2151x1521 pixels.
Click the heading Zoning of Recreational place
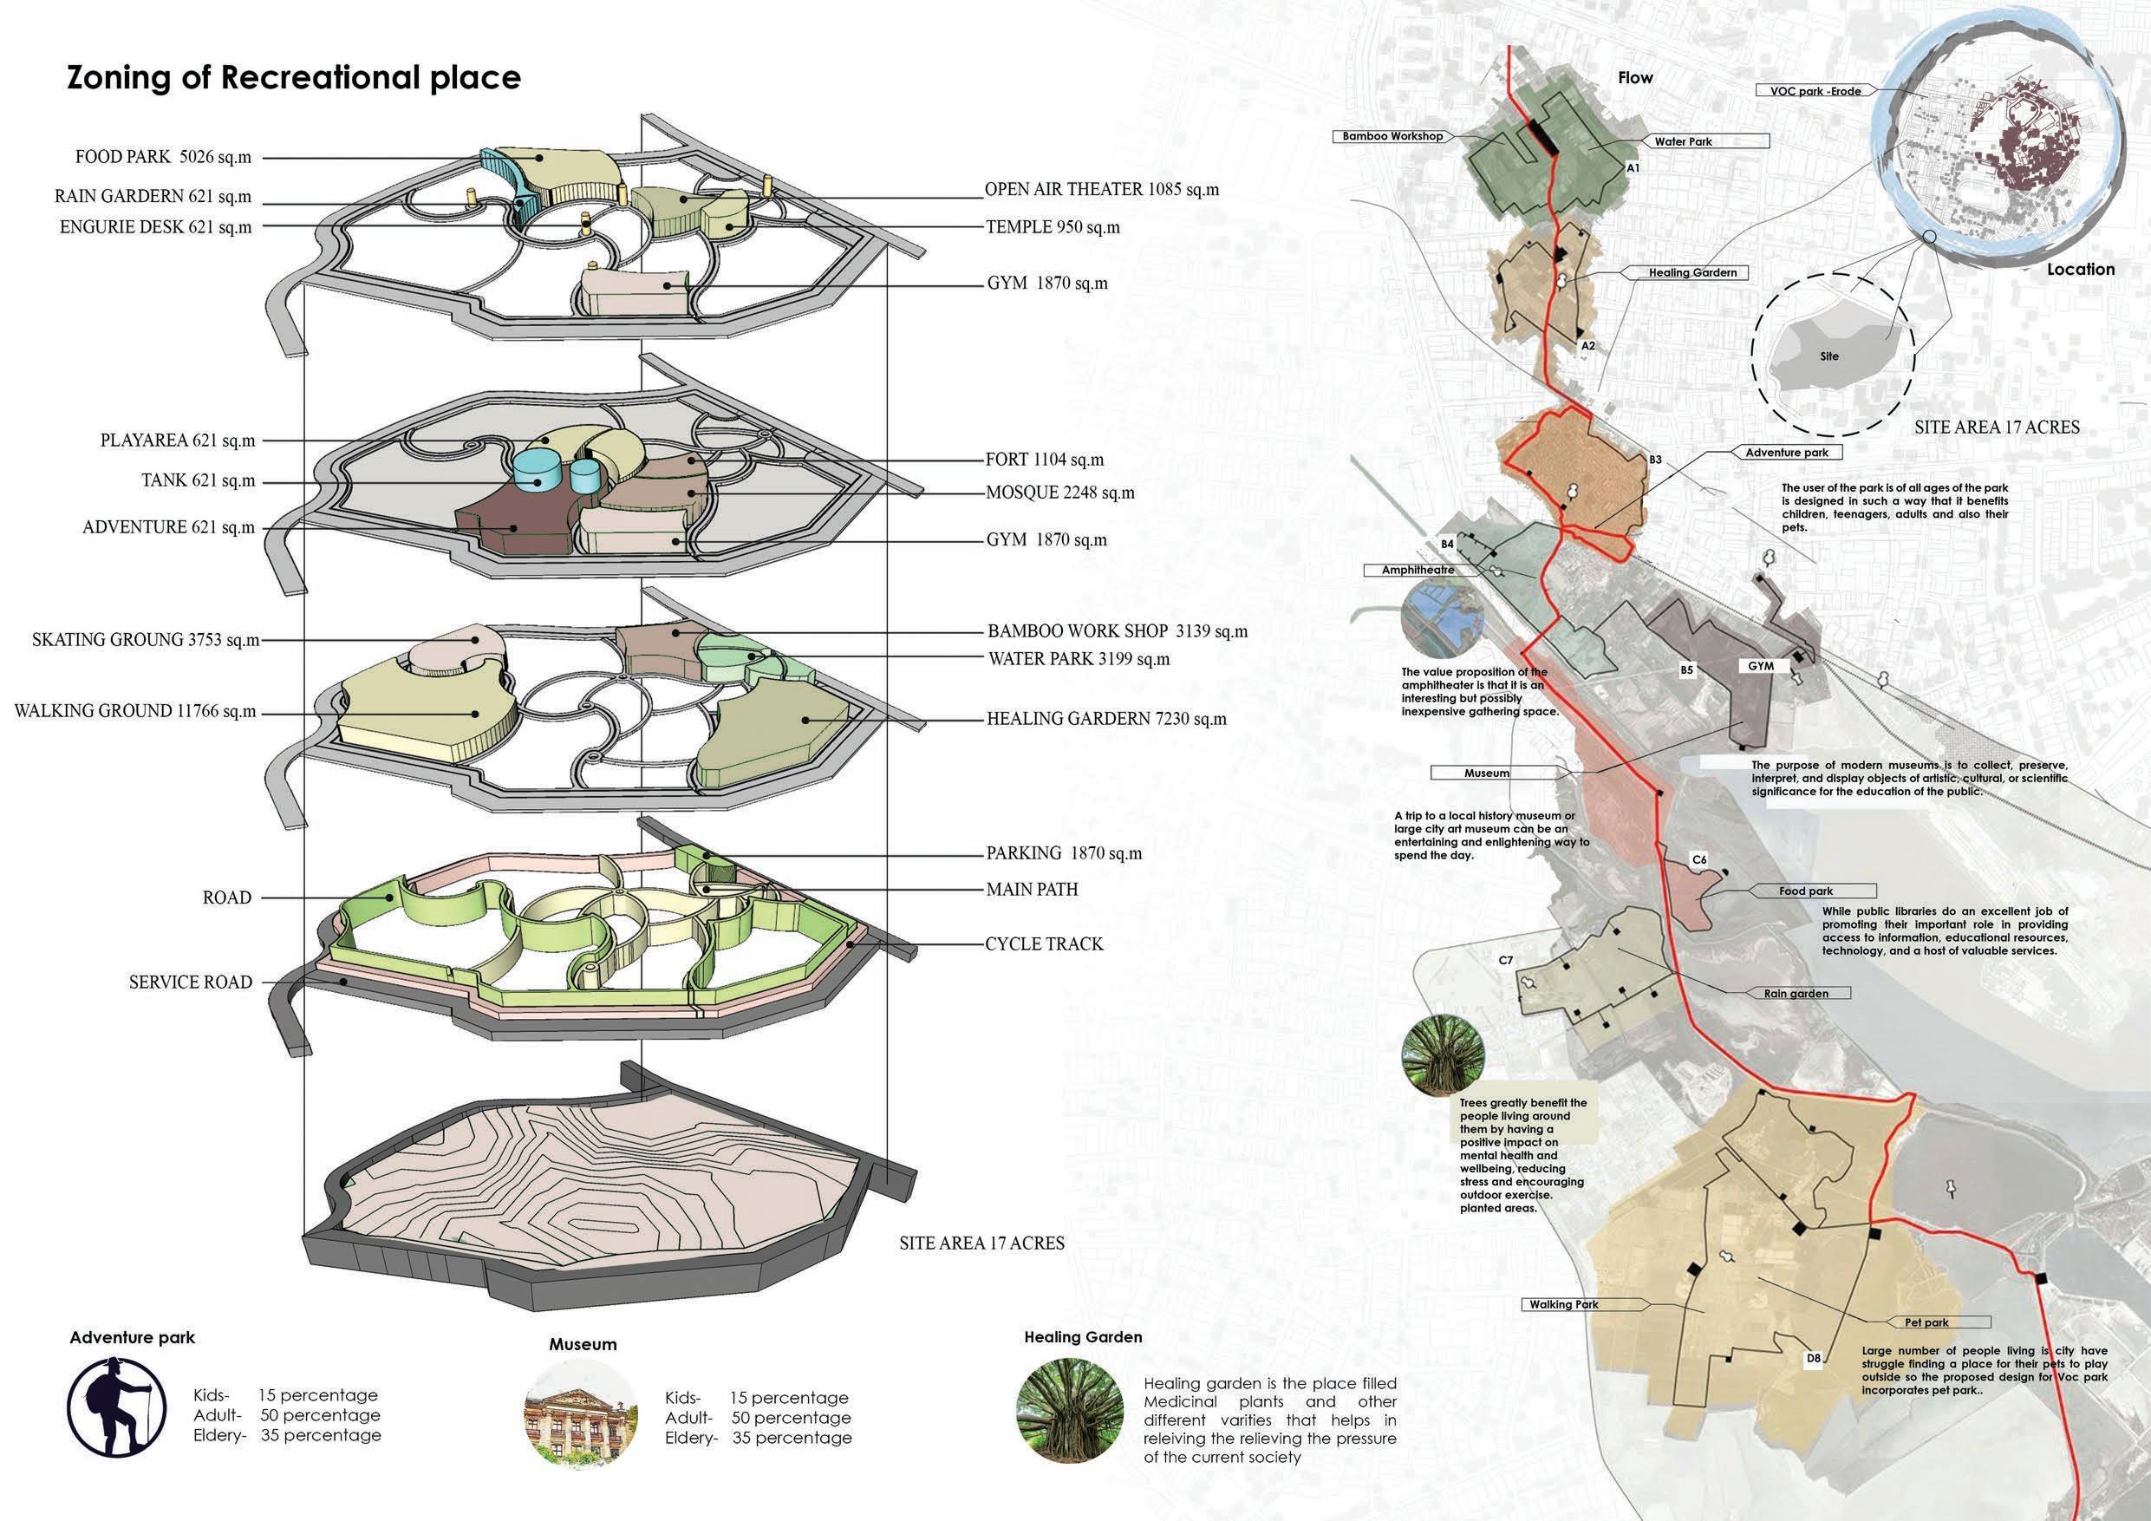point(293,78)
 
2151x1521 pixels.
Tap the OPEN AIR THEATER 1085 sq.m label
point(1102,189)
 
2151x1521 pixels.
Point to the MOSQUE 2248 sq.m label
point(1059,493)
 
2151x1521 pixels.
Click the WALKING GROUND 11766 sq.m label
point(135,711)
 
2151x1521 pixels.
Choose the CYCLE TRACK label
point(1044,943)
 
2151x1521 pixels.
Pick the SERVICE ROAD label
point(190,982)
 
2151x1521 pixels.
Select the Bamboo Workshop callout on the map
point(1392,136)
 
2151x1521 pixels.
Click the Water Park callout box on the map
point(1683,141)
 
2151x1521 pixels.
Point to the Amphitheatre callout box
point(1418,570)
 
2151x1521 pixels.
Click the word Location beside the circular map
point(2081,269)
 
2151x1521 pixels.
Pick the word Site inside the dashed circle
point(1829,356)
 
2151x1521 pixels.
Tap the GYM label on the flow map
point(1760,666)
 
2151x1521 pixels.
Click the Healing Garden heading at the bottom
point(1083,1337)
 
